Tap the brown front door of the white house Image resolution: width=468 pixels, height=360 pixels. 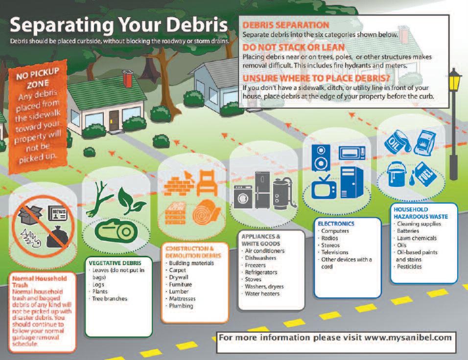pyautogui.click(x=114, y=119)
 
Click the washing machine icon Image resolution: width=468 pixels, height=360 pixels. pyautogui.click(x=242, y=199)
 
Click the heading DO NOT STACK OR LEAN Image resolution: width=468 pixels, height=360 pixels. pyautogui.click(x=286, y=47)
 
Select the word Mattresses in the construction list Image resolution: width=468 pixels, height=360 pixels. pyautogui.click(x=182, y=298)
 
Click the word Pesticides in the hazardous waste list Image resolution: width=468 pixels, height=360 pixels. pyautogui.click(x=409, y=267)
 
